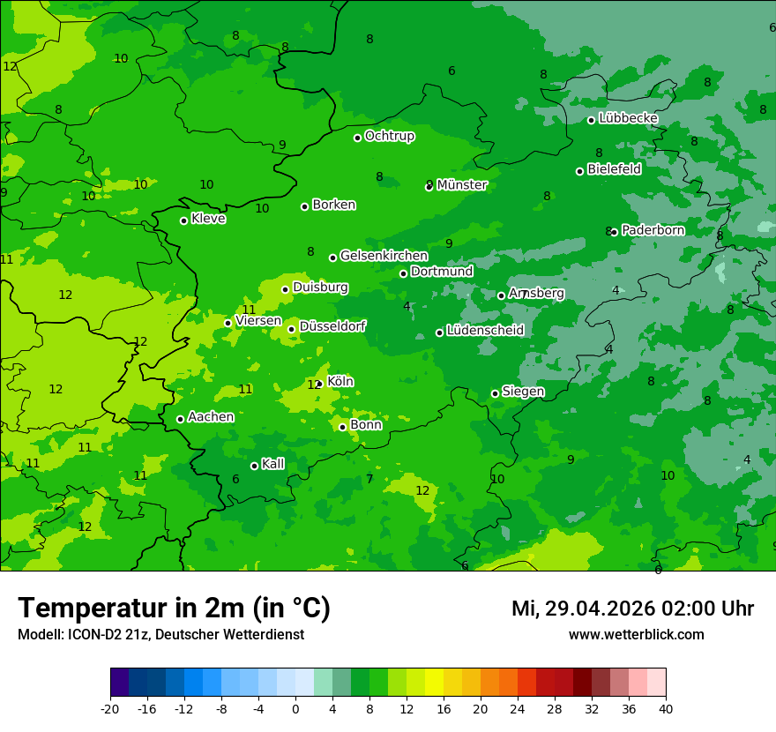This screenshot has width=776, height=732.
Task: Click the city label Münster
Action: pyautogui.click(x=461, y=185)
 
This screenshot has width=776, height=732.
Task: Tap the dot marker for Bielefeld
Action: pyautogui.click(x=579, y=171)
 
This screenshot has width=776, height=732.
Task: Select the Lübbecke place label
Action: pyautogui.click(x=628, y=118)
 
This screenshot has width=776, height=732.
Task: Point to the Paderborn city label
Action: pyautogui.click(x=653, y=230)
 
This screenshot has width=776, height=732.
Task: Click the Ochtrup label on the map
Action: pyautogui.click(x=389, y=136)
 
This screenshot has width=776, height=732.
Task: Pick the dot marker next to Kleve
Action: pyautogui.click(x=183, y=220)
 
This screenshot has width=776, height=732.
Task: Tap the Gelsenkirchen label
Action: pyautogui.click(x=384, y=256)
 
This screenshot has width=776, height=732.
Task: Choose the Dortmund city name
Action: pyautogui.click(x=442, y=272)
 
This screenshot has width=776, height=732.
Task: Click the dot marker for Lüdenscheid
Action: pyautogui.click(x=439, y=332)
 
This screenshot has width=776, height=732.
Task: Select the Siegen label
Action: pyautogui.click(x=523, y=392)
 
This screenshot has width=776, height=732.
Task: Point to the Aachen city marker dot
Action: pyautogui.click(x=180, y=419)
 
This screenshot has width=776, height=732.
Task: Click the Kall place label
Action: pyautogui.click(x=273, y=464)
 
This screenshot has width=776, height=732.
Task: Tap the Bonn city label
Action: pyautogui.click(x=366, y=425)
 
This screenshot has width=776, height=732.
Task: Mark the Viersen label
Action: pyautogui.click(x=258, y=321)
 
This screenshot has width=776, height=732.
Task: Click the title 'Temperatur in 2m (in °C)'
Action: pyautogui.click(x=174, y=608)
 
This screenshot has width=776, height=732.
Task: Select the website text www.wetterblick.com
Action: pyautogui.click(x=636, y=634)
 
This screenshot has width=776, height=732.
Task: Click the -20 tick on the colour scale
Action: pyautogui.click(x=110, y=708)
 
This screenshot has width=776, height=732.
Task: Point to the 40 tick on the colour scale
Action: pyautogui.click(x=666, y=708)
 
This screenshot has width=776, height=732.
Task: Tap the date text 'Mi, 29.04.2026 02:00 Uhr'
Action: pyautogui.click(x=632, y=609)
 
